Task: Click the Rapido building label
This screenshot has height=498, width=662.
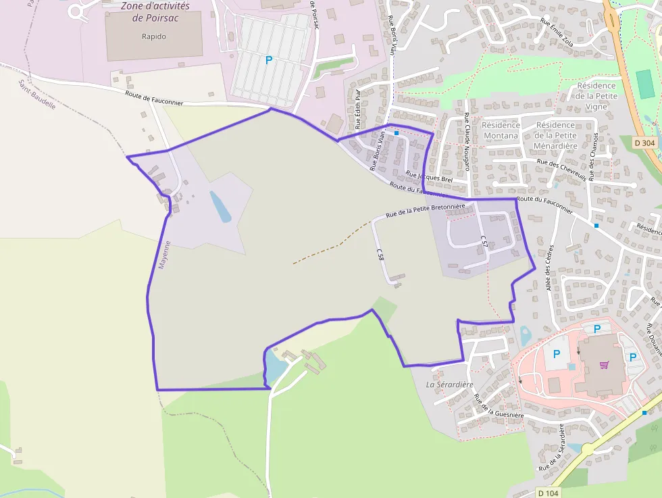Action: click(x=154, y=36)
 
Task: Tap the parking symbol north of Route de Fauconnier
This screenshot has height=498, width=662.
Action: click(x=269, y=60)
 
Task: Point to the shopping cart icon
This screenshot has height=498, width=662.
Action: click(x=604, y=365)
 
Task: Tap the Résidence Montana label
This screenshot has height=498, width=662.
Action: click(x=501, y=130)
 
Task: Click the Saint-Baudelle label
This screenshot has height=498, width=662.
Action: click(x=37, y=96)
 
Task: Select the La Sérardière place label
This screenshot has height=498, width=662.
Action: click(x=442, y=384)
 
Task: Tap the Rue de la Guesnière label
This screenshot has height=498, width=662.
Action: click(x=499, y=405)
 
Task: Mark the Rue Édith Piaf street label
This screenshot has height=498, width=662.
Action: click(x=359, y=109)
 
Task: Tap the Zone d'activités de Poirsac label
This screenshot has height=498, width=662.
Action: click(x=155, y=11)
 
